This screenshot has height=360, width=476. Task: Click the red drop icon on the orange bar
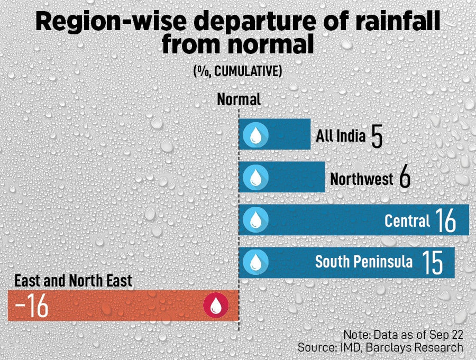pyautogui.click(x=216, y=306)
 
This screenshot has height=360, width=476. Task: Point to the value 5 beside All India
pyautogui.click(x=377, y=137)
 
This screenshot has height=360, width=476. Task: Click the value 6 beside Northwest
pyautogui.click(x=405, y=179)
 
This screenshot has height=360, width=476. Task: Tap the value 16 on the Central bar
pyautogui.click(x=446, y=220)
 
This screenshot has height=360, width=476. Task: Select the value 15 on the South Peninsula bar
pyautogui.click(x=432, y=263)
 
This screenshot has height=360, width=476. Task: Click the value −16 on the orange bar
pyautogui.click(x=32, y=307)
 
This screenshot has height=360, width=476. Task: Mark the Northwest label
pyautogui.click(x=362, y=179)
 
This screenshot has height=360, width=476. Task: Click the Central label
pyautogui.click(x=407, y=220)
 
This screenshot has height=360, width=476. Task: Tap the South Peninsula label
pyautogui.click(x=364, y=262)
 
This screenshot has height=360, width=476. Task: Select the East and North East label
pyautogui.click(x=73, y=281)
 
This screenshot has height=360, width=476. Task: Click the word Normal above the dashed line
pyautogui.click(x=239, y=100)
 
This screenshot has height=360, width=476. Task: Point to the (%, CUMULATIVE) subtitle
pyautogui.click(x=237, y=71)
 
